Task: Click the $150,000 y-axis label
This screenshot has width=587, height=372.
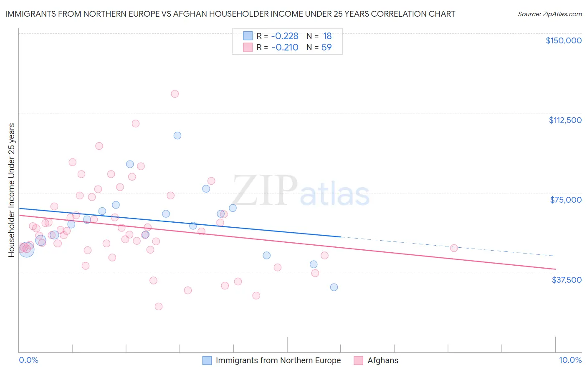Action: pyautogui.click(x=563, y=40)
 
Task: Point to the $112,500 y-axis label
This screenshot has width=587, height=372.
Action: pyautogui.click(x=565, y=120)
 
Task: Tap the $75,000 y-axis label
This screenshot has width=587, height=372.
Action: pyautogui.click(x=566, y=200)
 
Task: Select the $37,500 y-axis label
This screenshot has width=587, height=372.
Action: pyautogui.click(x=567, y=280)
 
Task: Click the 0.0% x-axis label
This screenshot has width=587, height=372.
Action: pyautogui.click(x=28, y=360)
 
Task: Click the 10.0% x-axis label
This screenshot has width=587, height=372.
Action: pyautogui.click(x=570, y=360)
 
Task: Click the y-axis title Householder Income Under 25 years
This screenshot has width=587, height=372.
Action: pyautogui.click(x=12, y=190)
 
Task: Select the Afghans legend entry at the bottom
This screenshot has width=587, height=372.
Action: pyautogui.click(x=382, y=360)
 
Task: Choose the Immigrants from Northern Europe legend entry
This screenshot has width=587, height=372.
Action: pyautogui.click(x=278, y=360)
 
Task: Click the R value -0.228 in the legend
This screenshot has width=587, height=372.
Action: pyautogui.click(x=285, y=36)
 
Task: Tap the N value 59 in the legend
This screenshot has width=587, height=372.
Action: pyautogui.click(x=326, y=47)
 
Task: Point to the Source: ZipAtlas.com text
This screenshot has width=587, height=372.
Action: pyautogui.click(x=549, y=14)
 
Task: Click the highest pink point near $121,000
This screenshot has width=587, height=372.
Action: pyautogui.click(x=175, y=94)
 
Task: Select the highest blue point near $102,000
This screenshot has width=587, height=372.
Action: pyautogui.click(x=177, y=136)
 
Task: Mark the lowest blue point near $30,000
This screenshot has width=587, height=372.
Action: pyautogui.click(x=334, y=287)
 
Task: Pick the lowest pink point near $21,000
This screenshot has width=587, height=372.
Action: pyautogui.click(x=159, y=307)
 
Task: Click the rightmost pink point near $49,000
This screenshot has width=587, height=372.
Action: pyautogui.click(x=454, y=248)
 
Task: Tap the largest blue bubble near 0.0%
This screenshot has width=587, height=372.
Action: pyautogui.click(x=26, y=249)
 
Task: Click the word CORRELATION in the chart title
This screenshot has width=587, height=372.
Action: pyautogui.click(x=400, y=14)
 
